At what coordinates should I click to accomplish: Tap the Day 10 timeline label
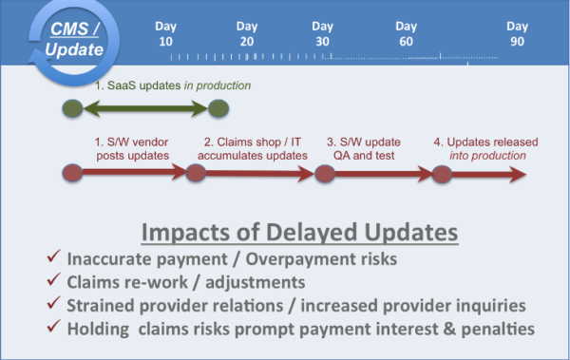pos(166,34)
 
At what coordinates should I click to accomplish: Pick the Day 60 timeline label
pos(406,34)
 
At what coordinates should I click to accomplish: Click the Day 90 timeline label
pos(517,34)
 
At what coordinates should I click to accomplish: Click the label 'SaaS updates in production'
pos(171,86)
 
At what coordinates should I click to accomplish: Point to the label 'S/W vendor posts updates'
pos(131,148)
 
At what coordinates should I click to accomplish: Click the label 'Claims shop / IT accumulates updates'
pos(255,148)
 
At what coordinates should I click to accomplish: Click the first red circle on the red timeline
pos(73,174)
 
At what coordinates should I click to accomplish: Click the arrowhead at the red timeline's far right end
pos(515,174)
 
